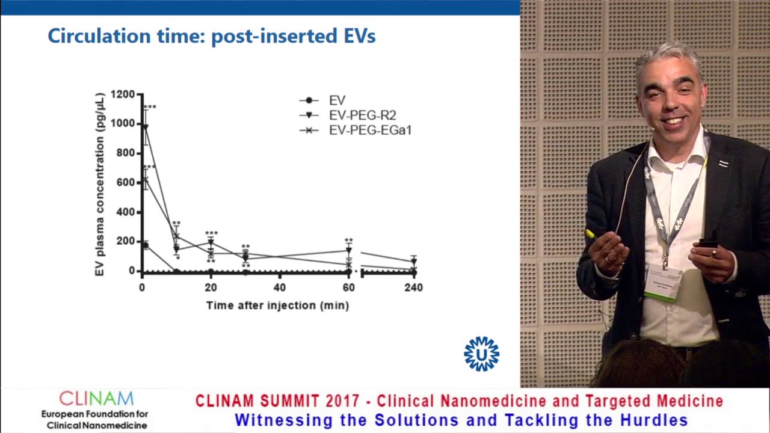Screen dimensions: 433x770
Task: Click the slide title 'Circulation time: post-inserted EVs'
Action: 211,36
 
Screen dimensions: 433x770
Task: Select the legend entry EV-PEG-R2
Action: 362,115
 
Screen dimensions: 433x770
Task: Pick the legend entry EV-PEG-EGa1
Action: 369,131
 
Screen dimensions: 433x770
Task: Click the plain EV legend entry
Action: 336,100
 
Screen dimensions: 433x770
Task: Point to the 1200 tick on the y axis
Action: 123,94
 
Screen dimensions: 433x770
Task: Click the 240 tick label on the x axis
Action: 413,288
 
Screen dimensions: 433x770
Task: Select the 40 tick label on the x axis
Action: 279,288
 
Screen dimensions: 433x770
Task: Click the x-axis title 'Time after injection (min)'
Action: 277,306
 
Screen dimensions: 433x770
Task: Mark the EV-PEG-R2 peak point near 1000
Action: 145,126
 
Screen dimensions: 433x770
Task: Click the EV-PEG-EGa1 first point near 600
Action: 145,180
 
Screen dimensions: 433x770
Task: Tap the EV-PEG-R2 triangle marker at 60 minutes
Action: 348,251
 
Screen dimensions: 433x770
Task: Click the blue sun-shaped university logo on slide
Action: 481,354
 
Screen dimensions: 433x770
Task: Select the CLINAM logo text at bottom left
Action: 96,399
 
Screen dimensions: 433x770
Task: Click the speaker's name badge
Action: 664,283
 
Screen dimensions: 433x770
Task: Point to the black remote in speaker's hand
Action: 708,244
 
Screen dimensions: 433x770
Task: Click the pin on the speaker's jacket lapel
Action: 724,164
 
